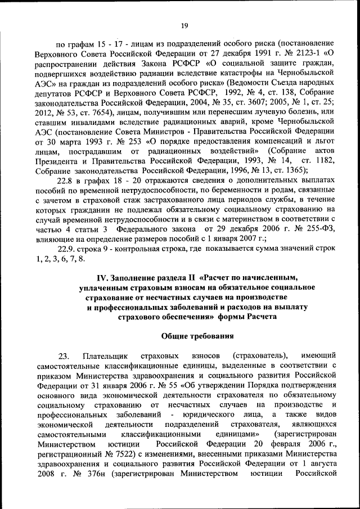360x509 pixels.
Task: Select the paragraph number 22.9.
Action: click(67, 249)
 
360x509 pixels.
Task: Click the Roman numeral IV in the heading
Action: click(103, 277)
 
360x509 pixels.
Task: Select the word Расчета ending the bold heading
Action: click(259, 317)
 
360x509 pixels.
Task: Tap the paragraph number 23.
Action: click(64, 356)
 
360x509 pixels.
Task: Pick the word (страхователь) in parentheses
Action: click(259, 356)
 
